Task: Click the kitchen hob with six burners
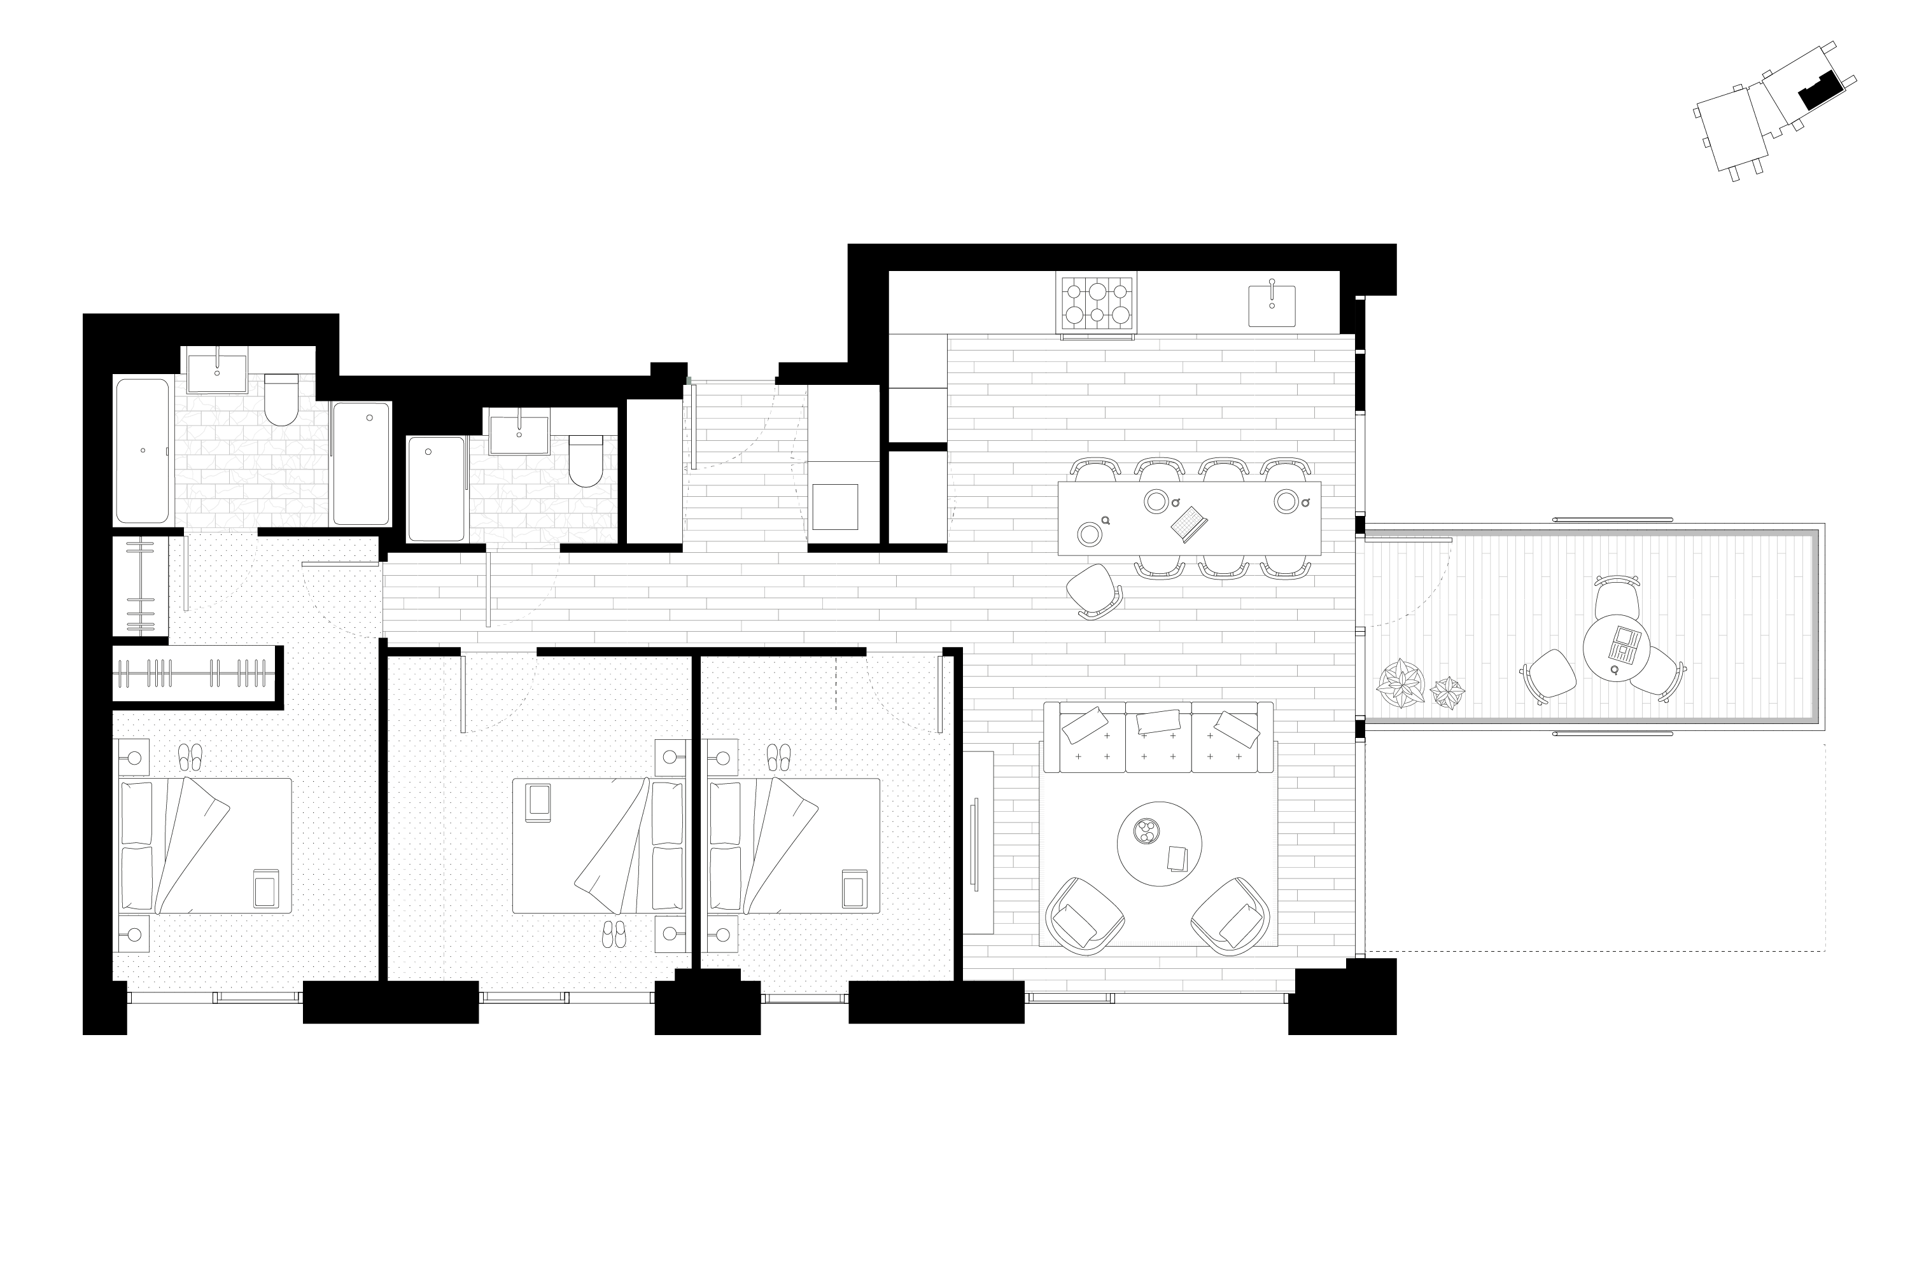(1097, 303)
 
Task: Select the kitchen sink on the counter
(1271, 305)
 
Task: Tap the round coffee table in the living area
(1159, 844)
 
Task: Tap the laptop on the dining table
(1188, 524)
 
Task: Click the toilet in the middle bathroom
(586, 461)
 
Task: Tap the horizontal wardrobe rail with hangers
(195, 673)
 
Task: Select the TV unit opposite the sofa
(978, 842)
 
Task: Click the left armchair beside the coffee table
(1084, 915)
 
